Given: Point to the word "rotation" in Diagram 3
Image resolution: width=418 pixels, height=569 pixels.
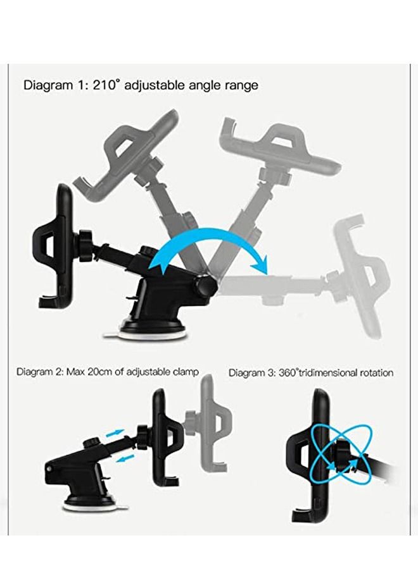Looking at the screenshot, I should pyautogui.click(x=373, y=373).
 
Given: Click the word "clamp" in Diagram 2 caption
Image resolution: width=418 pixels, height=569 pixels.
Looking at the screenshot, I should pyautogui.click(x=184, y=372).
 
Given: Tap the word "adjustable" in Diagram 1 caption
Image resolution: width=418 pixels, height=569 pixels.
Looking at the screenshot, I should pyautogui.click(x=158, y=85).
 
